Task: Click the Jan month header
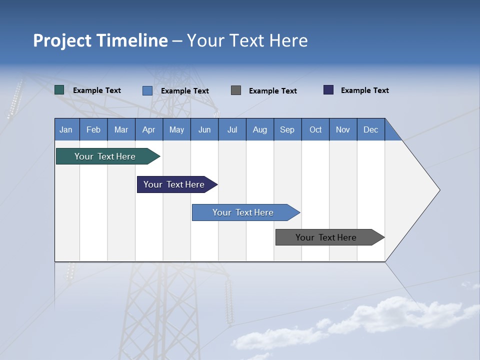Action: [x=66, y=129]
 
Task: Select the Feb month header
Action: [x=93, y=129]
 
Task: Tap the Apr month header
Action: [x=148, y=129]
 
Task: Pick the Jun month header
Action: [x=204, y=129]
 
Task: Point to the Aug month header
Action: [x=260, y=129]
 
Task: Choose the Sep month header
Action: [x=287, y=129]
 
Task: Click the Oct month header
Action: [x=315, y=129]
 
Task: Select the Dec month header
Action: [x=371, y=129]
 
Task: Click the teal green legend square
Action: [x=59, y=90]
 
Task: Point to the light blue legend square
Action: [x=147, y=90]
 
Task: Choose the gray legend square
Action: [x=236, y=90]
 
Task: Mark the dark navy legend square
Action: [x=328, y=90]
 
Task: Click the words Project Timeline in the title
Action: [x=100, y=40]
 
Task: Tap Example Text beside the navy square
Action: [x=365, y=90]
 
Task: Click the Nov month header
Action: [x=343, y=129]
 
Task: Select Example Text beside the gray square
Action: [x=273, y=91]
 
